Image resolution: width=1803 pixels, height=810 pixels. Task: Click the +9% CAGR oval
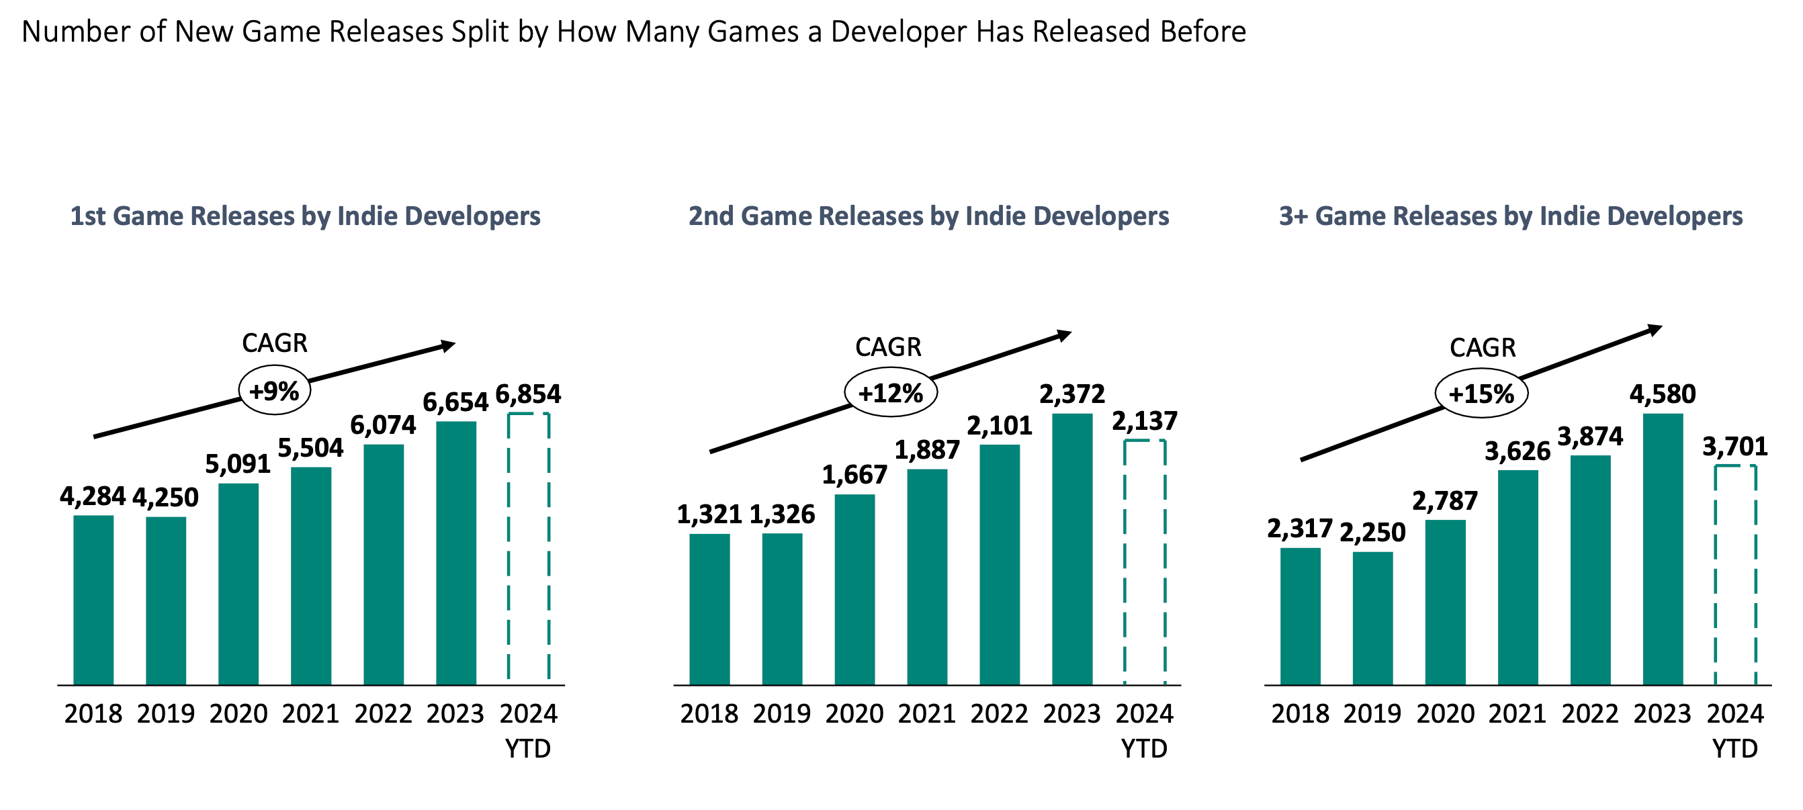click(274, 391)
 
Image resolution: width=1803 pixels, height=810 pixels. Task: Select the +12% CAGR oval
click(890, 393)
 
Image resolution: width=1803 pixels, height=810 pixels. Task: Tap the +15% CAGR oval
click(1481, 394)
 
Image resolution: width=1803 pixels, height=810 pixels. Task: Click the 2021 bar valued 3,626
click(1518, 577)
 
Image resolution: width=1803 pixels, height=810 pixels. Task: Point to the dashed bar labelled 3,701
click(1734, 574)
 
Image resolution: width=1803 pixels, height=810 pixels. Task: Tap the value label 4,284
click(93, 496)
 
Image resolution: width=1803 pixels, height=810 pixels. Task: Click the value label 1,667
click(854, 476)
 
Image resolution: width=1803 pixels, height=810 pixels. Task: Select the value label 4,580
click(1663, 394)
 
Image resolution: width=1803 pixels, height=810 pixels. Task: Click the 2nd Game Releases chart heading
click(928, 216)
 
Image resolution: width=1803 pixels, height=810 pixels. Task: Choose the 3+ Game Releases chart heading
click(1510, 216)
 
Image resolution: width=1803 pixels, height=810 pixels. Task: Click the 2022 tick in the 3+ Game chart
click(1589, 713)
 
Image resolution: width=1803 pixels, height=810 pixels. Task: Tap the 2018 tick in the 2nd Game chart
click(709, 713)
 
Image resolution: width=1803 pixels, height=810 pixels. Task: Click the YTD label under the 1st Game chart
click(528, 748)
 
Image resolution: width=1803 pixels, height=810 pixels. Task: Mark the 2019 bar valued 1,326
click(782, 609)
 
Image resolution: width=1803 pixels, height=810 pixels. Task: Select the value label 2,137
click(1145, 420)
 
